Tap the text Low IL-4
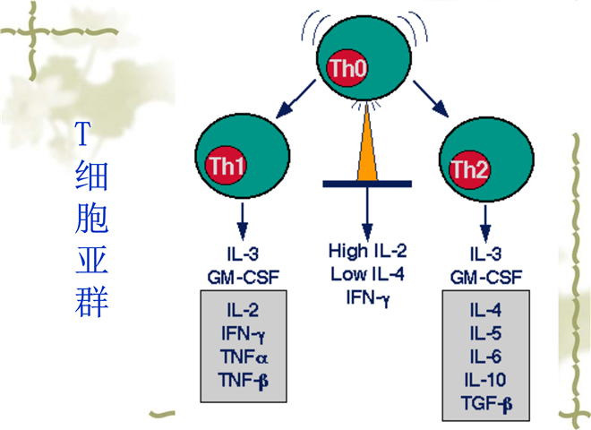(x=366, y=271)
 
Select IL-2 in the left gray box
(x=242, y=310)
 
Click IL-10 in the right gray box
(x=484, y=376)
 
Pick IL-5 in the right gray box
(x=484, y=332)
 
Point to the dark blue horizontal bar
(x=366, y=184)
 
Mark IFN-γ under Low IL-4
(x=366, y=293)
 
